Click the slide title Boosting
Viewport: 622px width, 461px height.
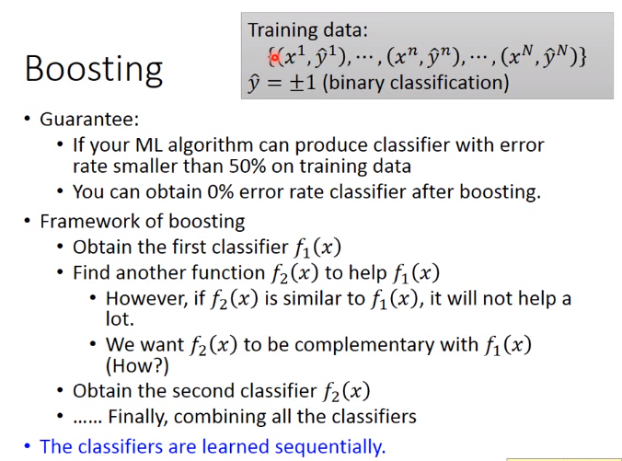94,70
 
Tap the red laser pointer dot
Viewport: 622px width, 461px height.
274,58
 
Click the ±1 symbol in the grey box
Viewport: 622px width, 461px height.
303,83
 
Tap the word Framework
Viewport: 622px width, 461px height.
89,222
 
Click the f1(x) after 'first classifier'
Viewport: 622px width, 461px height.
317,248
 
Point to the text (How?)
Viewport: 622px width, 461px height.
137,365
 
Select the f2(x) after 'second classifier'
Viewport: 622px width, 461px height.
347,392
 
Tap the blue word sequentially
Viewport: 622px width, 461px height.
329,446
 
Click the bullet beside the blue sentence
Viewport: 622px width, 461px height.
28,446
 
